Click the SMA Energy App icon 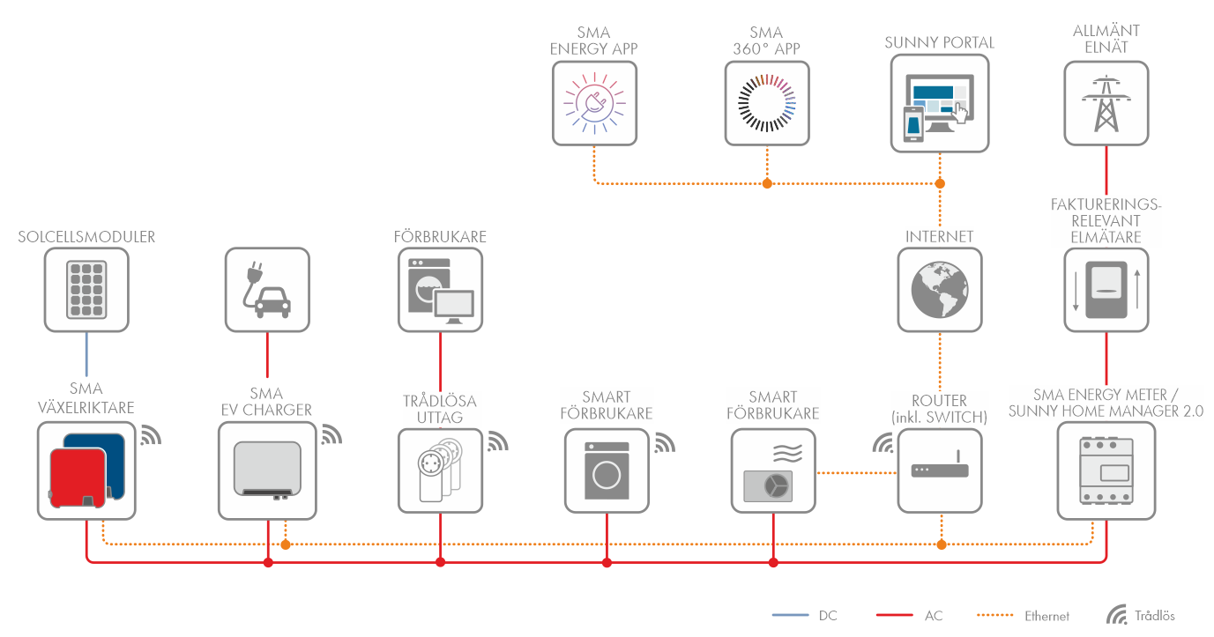point(594,102)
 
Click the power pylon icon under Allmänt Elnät point(1106,102)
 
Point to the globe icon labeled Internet point(940,290)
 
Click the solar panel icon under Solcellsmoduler point(86,290)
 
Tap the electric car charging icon point(267,290)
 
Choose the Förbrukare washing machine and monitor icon point(440,290)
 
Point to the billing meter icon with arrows point(1106,290)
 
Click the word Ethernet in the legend point(1046,616)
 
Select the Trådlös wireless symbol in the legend point(1117,615)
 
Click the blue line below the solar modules point(86,356)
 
